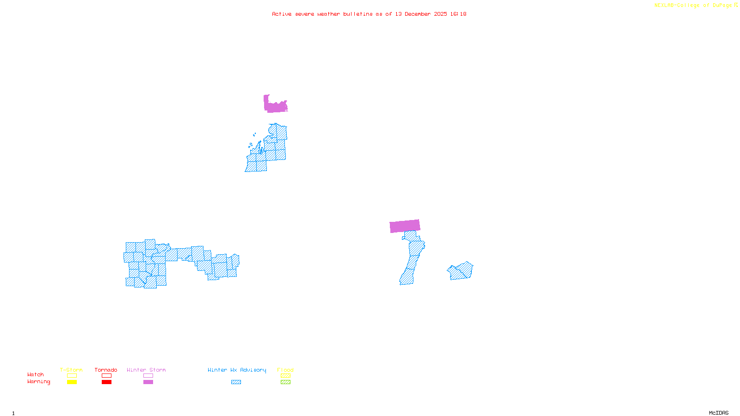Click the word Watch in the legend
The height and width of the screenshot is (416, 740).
36,374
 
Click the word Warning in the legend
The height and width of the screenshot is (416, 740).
38,382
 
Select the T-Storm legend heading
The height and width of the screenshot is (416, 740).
71,370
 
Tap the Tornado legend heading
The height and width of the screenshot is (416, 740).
106,370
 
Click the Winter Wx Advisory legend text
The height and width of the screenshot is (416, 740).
237,370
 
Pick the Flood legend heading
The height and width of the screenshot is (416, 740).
285,370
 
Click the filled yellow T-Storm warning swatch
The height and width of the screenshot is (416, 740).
72,382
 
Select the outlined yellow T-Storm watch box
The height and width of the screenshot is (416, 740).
72,376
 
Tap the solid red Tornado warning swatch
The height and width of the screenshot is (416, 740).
106,382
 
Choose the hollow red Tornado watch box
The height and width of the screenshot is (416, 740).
106,376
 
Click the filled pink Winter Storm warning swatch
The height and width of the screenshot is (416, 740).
148,382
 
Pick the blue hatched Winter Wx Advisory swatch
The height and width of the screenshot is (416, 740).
236,382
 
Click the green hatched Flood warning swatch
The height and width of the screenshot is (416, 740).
285,382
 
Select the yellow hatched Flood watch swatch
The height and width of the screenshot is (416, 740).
285,376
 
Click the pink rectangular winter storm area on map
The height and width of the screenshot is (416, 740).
405,226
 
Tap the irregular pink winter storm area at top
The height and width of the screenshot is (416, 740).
276,106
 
